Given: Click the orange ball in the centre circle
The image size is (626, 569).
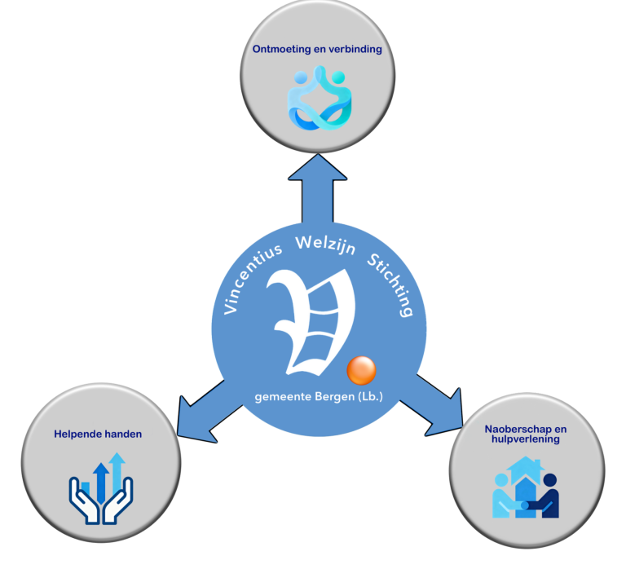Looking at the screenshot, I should point(361,371).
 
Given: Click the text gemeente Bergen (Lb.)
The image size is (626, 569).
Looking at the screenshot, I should point(319,397).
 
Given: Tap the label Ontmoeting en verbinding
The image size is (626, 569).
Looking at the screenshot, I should point(318,49).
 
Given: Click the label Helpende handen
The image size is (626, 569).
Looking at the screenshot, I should point(98,434).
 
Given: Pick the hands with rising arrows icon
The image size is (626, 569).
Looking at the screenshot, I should point(99,489).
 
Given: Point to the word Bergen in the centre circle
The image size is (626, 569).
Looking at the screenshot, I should point(333,397).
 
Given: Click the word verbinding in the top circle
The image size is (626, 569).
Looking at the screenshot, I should point(354,49).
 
